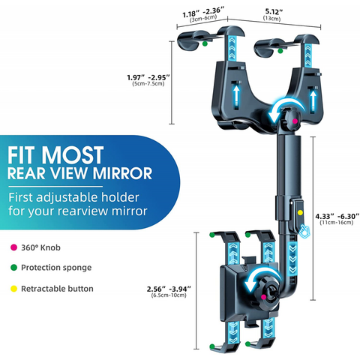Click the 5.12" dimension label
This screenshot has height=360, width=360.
click(274, 11)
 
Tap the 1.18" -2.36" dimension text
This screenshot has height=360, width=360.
click(203, 13)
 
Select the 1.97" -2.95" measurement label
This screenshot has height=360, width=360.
click(148, 77)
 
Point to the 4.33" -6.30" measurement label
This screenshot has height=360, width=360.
click(337, 216)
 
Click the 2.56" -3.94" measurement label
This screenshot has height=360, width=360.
click(169, 289)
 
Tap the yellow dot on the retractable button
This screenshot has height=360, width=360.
click(300, 213)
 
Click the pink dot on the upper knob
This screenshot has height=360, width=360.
click(295, 121)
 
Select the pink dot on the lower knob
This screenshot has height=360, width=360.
click(263, 297)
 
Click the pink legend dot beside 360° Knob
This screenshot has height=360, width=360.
click(13, 247)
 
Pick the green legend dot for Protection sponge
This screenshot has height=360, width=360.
click(13, 268)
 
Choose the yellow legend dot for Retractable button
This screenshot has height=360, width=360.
click(13, 289)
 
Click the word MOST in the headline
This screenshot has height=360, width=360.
click(73, 155)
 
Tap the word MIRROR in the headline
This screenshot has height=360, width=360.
click(123, 173)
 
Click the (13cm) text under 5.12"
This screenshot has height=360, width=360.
click(271, 19)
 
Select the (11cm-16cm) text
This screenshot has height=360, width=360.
click(337, 223)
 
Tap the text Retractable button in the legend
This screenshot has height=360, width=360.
click(57, 289)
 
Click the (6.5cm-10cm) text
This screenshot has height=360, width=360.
click(169, 295)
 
